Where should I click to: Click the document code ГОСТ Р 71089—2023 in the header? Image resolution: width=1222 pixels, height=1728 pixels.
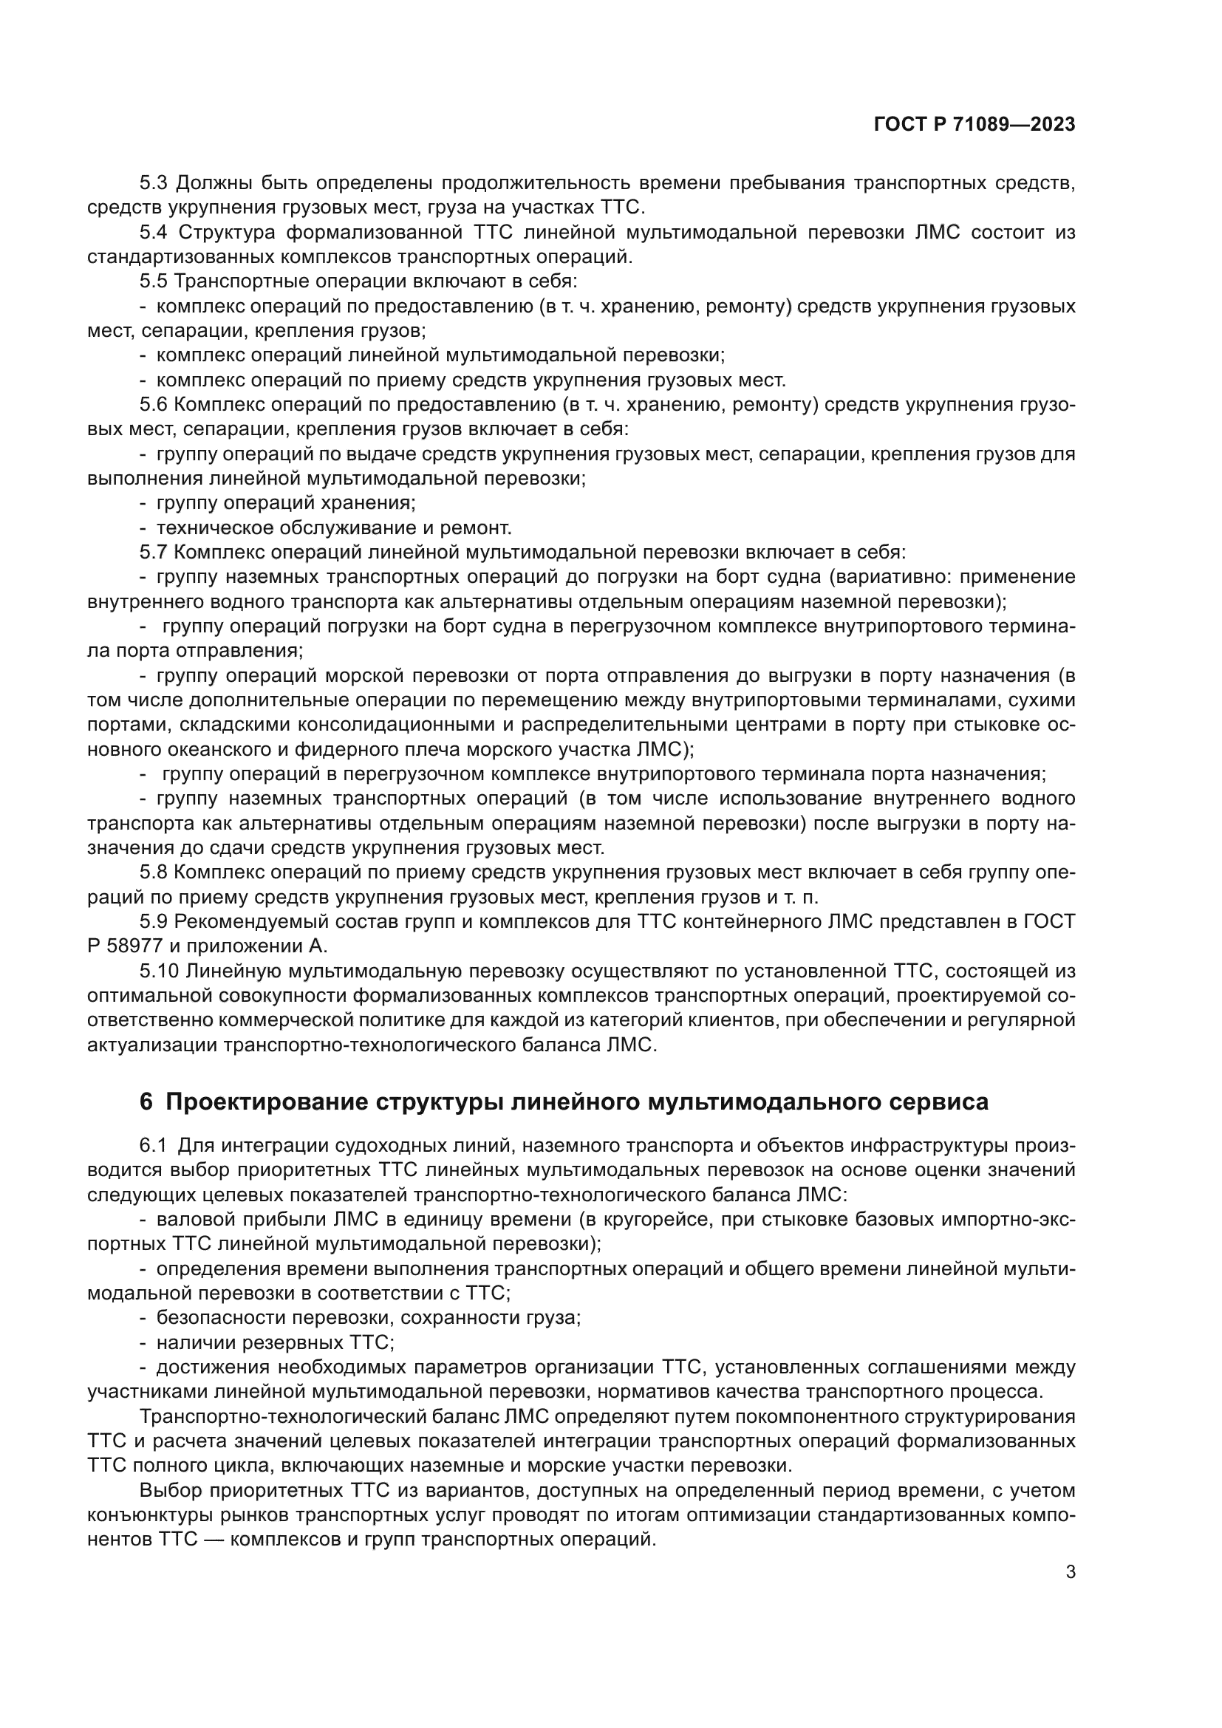[974, 125]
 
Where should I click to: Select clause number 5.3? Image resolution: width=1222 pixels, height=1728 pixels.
[155, 183]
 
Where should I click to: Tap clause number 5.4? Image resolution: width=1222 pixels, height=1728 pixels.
[155, 233]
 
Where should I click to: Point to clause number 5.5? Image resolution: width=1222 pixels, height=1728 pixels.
[154, 281]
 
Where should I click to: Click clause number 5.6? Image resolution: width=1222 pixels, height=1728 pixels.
[154, 405]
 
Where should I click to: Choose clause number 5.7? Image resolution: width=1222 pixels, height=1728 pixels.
[154, 553]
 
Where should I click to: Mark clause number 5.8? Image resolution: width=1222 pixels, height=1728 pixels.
[154, 873]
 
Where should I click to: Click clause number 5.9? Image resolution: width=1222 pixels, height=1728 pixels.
[154, 922]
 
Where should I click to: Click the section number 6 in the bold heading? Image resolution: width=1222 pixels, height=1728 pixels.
[146, 1102]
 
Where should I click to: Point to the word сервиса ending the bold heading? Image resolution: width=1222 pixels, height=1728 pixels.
[941, 1102]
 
